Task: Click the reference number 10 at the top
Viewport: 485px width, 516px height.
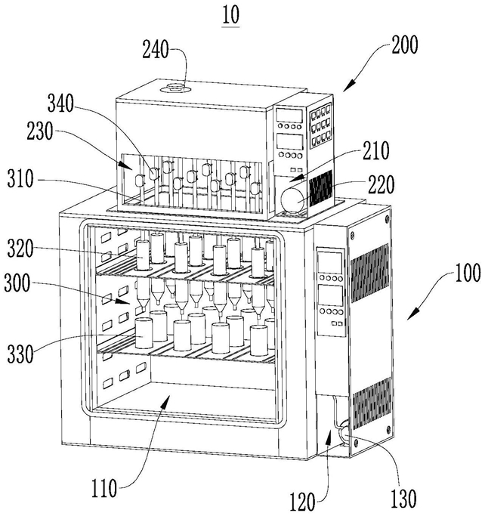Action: point(230,15)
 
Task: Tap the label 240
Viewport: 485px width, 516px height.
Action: point(156,50)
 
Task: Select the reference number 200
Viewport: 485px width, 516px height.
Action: point(405,45)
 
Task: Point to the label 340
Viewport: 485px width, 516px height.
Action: point(61,104)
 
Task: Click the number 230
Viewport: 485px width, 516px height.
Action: point(40,131)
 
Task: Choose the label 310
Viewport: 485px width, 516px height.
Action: point(20,179)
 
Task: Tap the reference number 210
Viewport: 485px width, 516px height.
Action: point(376,150)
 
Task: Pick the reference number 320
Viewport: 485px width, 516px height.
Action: point(20,249)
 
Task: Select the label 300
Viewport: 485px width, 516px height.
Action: point(17,283)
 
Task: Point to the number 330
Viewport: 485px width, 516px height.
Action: point(20,354)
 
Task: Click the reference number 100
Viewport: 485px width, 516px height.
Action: point(468,273)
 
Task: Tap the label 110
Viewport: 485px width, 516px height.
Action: point(104,488)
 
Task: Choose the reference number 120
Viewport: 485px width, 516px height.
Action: point(303,502)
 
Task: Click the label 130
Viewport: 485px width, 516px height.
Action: point(403,499)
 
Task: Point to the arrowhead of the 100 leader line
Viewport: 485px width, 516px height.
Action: point(412,314)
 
